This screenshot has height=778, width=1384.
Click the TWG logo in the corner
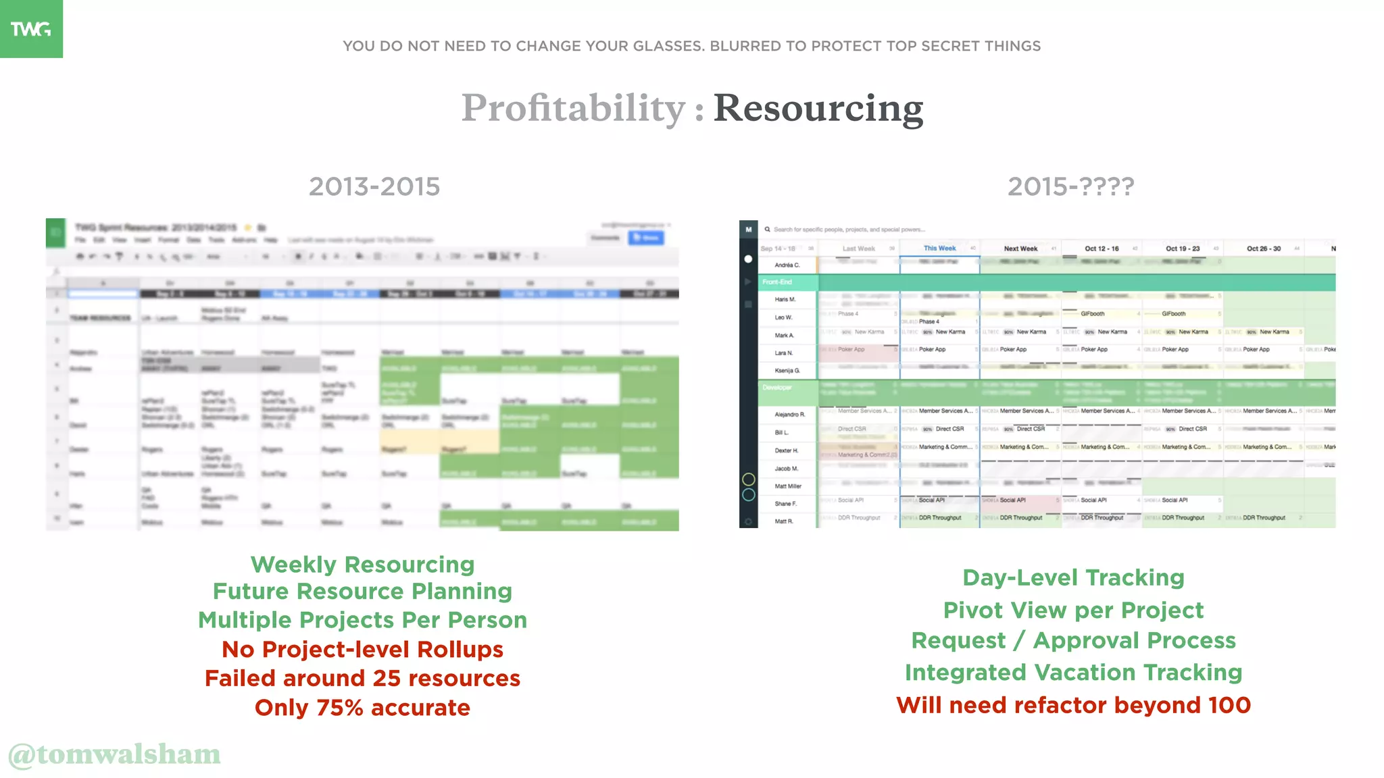pyautogui.click(x=31, y=28)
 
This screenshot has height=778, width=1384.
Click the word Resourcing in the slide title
pyautogui.click(x=818, y=108)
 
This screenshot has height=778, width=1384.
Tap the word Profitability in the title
pyautogui.click(x=573, y=108)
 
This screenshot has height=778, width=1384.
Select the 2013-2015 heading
pyautogui.click(x=374, y=186)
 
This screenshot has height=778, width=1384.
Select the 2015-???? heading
pyautogui.click(x=1070, y=186)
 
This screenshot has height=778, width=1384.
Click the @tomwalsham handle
pyautogui.click(x=115, y=754)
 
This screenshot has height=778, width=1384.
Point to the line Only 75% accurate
pyautogui.click(x=362, y=708)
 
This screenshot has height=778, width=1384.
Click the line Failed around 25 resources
pyautogui.click(x=362, y=678)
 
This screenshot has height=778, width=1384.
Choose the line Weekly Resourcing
pyautogui.click(x=362, y=564)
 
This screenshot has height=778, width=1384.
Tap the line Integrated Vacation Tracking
pyautogui.click(x=1073, y=673)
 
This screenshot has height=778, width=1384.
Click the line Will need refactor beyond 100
pyautogui.click(x=1073, y=705)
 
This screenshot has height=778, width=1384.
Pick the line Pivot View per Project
pyautogui.click(x=1073, y=610)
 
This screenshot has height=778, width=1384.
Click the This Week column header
pyautogui.click(x=939, y=249)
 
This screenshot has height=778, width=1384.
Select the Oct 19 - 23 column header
pyautogui.click(x=1182, y=249)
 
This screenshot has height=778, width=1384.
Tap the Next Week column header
pyautogui.click(x=1020, y=249)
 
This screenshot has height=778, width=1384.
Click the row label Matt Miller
pyautogui.click(x=788, y=486)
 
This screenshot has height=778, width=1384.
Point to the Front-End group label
pyautogui.click(x=777, y=282)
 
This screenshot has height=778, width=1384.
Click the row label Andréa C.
pyautogui.click(x=787, y=265)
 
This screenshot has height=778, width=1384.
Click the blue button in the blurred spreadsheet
pyautogui.click(x=646, y=238)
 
